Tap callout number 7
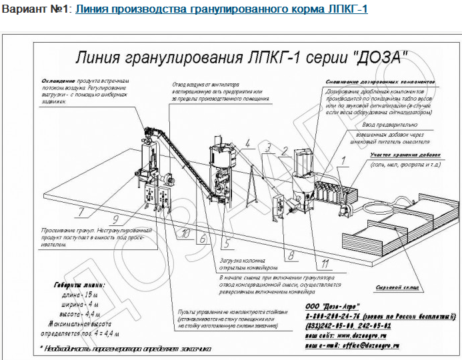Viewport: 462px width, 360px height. (x=81, y=213)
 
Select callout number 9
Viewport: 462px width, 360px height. (x=115, y=219)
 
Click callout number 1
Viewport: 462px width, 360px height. (x=345, y=160)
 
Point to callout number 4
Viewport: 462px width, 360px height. (x=247, y=143)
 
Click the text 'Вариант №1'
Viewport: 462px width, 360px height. (x=37, y=10)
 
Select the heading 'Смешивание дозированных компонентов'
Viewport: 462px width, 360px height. (x=381, y=83)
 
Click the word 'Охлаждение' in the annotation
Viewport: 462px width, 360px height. (x=55, y=81)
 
